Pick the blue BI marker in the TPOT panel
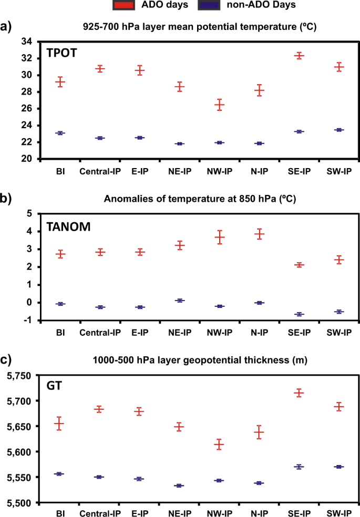click(60, 133)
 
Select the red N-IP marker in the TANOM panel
click(259, 234)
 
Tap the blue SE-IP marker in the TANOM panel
click(299, 314)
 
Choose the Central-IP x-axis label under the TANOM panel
click(100, 333)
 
